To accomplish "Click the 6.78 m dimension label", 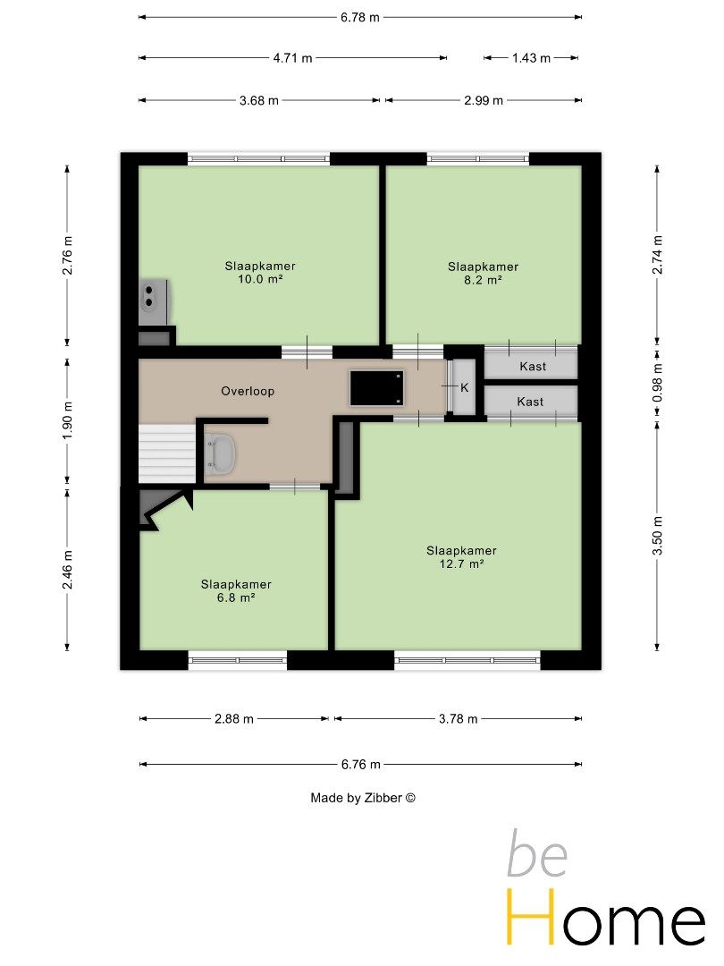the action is click(360, 17).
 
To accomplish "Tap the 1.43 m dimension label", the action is click(531, 58).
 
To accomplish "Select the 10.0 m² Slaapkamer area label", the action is click(260, 272).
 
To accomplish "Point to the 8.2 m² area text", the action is click(483, 280).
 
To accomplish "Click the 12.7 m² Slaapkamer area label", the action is click(461, 557).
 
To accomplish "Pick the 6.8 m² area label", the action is click(236, 597).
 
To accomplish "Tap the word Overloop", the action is click(248, 391).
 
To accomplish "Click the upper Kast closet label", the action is click(533, 367).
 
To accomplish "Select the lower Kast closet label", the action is click(530, 402).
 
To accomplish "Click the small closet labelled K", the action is click(465, 387).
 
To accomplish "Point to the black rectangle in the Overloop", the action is click(377, 387).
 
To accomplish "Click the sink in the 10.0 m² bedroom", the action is click(152, 302).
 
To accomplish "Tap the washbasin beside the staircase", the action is click(219, 454).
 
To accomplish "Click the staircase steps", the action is click(167, 453).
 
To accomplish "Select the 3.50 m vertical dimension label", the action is click(658, 536).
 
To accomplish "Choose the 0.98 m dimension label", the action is click(658, 383).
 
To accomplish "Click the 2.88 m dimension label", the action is click(234, 719).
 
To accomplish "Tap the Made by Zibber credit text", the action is click(363, 798).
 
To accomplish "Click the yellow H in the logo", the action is click(531, 917).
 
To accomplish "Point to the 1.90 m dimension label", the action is click(68, 419).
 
